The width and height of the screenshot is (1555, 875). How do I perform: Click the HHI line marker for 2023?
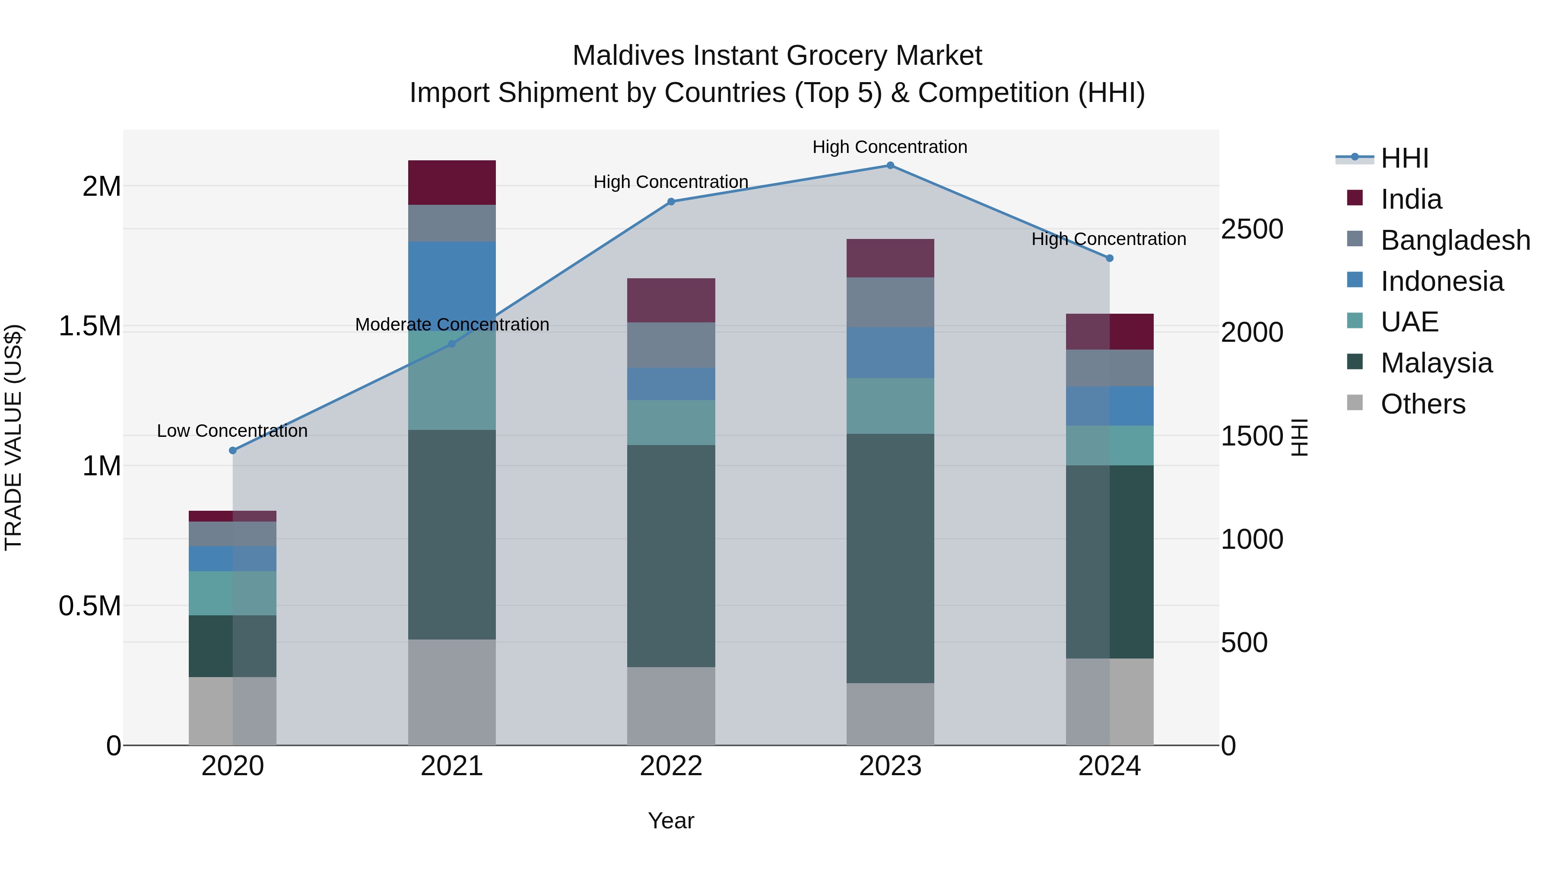pos(890,165)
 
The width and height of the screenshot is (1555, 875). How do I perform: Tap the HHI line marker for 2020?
pos(233,451)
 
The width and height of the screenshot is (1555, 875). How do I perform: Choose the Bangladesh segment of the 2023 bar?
pos(890,302)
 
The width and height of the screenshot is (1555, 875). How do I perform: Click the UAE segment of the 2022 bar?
pos(671,422)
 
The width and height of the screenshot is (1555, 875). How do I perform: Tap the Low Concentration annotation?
pos(232,431)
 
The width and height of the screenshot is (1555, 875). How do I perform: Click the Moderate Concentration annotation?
pos(452,325)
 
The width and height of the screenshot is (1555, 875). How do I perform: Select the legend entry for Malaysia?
pos(1436,363)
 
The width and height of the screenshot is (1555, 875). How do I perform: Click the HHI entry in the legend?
pos(1404,158)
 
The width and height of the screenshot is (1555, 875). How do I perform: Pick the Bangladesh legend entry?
pos(1455,240)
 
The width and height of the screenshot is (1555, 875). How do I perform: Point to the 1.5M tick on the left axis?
pos(90,326)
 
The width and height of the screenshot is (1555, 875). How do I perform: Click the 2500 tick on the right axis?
pos(1252,229)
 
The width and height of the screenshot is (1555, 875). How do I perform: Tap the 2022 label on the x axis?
pos(671,766)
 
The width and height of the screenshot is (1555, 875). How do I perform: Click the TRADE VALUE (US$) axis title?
pos(14,437)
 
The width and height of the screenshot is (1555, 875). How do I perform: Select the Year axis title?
pos(671,821)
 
